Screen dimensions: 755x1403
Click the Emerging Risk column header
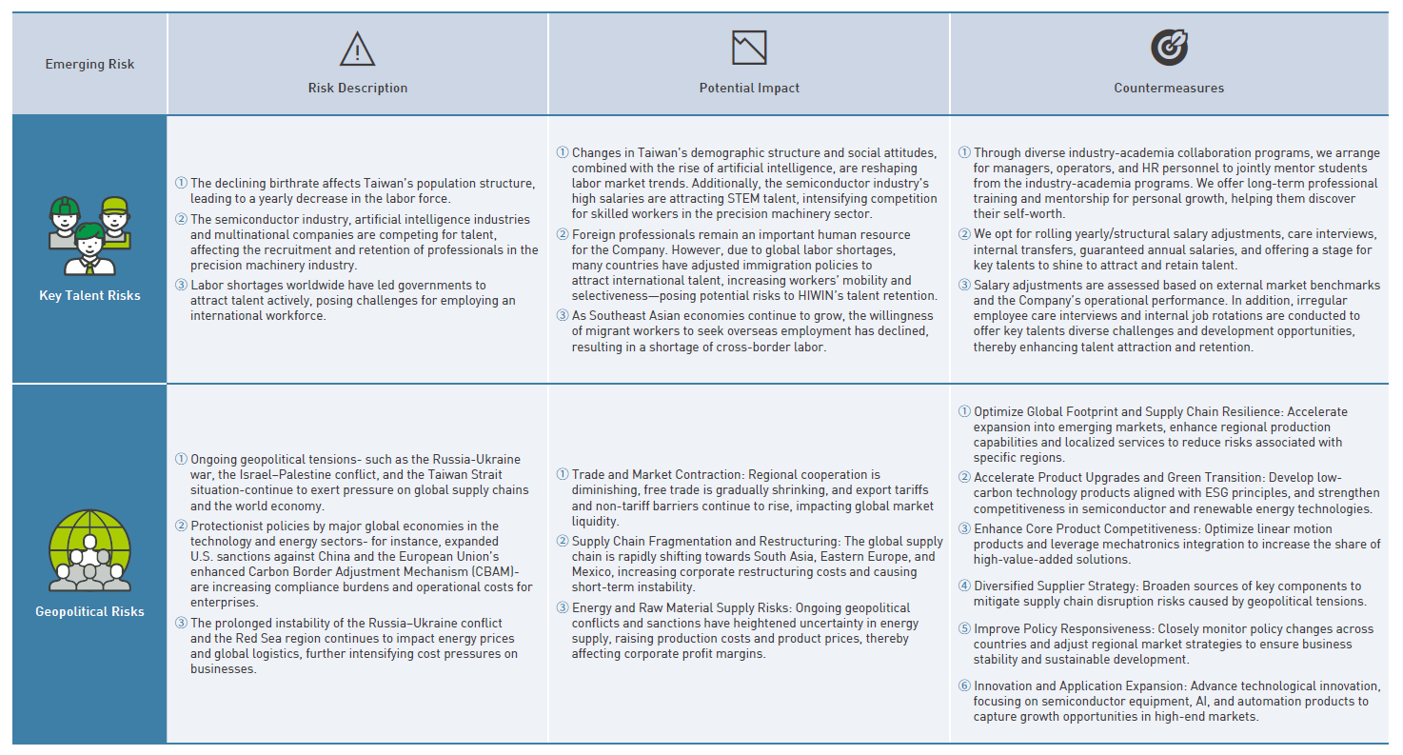point(89,65)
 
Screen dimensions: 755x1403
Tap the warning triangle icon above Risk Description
point(357,48)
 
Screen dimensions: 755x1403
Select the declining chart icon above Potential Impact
point(749,48)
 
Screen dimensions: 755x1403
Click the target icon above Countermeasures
point(1169,48)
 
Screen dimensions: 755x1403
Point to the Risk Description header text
point(357,89)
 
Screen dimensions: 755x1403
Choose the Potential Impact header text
point(749,89)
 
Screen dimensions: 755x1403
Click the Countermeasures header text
point(1169,89)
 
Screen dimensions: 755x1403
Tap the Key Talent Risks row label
point(89,295)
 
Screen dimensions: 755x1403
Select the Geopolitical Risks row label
point(89,611)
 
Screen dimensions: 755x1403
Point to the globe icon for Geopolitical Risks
point(89,550)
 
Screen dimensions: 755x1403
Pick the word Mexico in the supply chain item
point(593,572)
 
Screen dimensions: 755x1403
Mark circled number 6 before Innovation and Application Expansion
point(964,686)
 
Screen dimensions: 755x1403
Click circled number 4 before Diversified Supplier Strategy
point(964,586)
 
